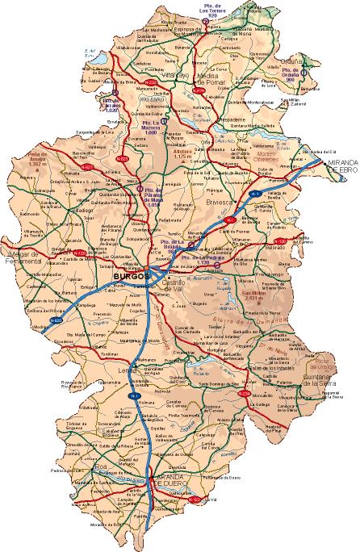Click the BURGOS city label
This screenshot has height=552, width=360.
click(132, 276)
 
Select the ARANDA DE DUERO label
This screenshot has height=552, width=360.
click(169, 483)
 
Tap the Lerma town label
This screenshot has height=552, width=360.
click(128, 370)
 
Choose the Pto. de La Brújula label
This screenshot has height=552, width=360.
click(169, 246)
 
